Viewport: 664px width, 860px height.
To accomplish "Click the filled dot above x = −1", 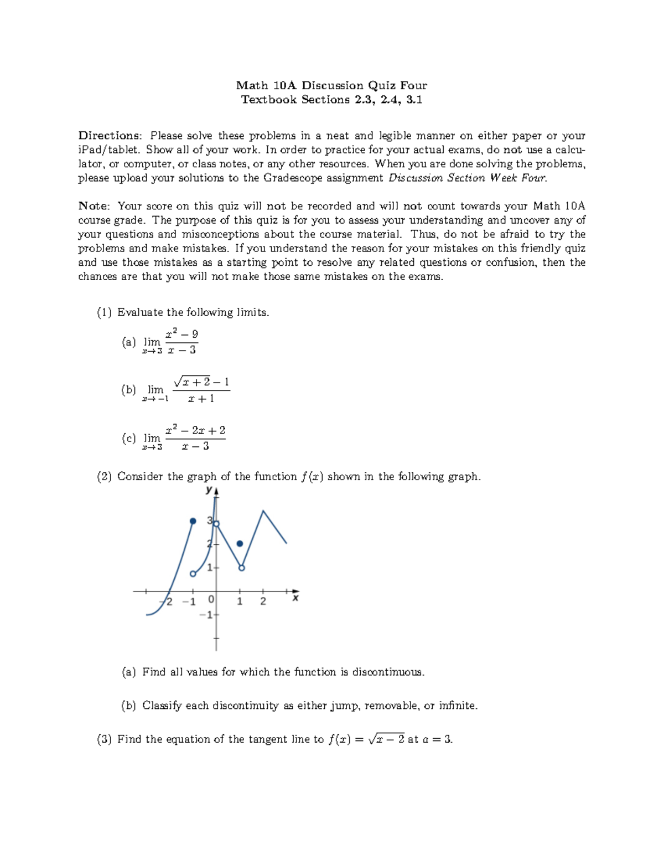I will click(193, 521).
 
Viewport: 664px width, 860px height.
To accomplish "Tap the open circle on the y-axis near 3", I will click(216, 524).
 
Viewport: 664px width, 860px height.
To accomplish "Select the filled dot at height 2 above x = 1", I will click(240, 544).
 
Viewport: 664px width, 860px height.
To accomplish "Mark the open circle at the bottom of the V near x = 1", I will click(242, 568).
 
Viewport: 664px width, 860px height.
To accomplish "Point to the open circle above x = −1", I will click(193, 574).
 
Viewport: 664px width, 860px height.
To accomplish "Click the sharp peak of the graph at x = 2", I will click(263, 511).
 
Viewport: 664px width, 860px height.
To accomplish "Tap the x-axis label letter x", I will click(295, 598).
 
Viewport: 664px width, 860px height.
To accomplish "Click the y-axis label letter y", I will click(209, 490).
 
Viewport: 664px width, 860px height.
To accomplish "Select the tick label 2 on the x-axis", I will click(263, 601).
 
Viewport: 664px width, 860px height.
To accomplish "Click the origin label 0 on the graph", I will click(211, 600).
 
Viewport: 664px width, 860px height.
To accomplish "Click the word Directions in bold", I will click(110, 136).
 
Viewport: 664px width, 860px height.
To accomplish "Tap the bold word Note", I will click(94, 206).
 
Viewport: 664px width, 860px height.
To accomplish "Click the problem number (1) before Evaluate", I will click(105, 312).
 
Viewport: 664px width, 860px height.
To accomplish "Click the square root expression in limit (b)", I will click(191, 382).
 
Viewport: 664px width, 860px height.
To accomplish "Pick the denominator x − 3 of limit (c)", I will click(195, 446).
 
